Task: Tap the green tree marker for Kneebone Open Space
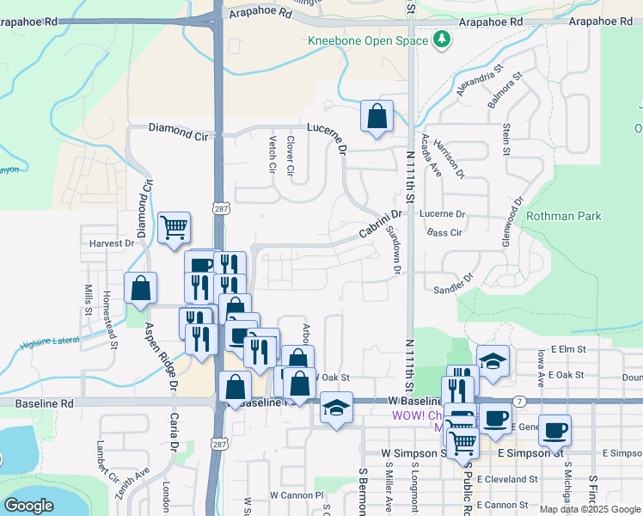pos(442,40)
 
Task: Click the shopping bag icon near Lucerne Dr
pos(377,117)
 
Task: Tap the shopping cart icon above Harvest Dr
pos(175,229)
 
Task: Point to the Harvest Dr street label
pos(112,243)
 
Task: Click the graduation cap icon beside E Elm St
pos(493,361)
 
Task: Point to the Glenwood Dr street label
pos(515,224)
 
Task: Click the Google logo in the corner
pos(28,506)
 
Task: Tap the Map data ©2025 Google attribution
pos(590,509)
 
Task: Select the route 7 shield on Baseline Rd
pos(521,401)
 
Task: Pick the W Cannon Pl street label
pos(296,495)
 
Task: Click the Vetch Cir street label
pos(272,155)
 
